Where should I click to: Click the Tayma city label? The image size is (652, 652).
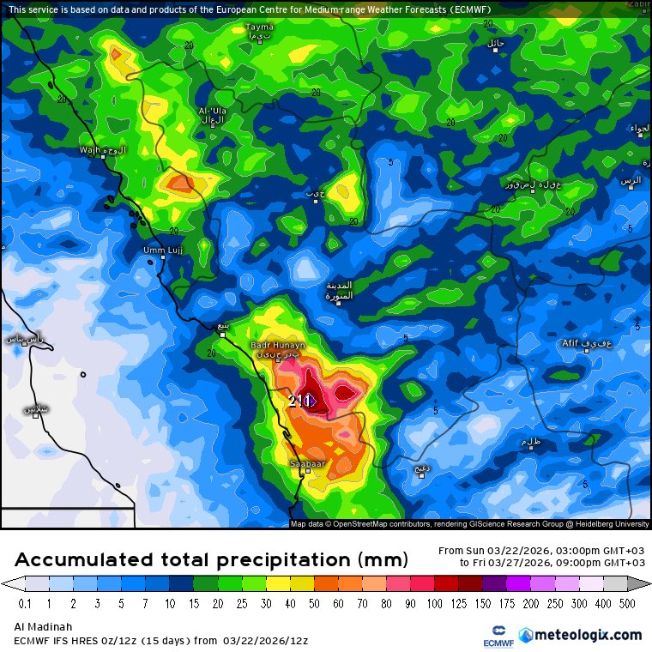click(259, 27)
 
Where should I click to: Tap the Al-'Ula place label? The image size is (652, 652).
click(211, 112)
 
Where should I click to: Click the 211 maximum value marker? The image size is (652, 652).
click(299, 400)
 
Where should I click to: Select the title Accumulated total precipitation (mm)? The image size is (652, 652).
click(210, 560)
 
